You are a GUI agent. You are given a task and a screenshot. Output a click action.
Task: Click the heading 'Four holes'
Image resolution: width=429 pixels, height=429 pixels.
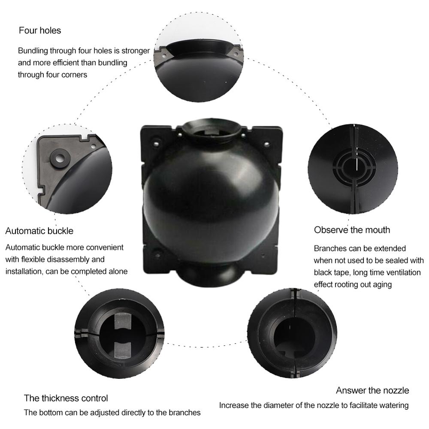coord(40,31)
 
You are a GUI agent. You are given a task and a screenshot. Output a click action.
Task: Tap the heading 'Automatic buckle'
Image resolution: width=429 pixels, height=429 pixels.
coord(39,231)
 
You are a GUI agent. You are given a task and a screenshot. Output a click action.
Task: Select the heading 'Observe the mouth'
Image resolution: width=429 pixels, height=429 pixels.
coord(352,230)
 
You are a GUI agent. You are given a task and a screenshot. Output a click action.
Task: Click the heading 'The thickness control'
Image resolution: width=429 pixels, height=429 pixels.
coord(66,398)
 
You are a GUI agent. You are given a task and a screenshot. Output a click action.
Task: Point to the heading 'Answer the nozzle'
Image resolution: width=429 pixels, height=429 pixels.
coord(372,390)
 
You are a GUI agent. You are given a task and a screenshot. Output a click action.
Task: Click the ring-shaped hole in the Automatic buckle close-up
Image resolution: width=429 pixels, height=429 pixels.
coord(59,157)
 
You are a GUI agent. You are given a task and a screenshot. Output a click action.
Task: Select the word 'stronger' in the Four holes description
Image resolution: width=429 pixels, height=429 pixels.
coord(136,51)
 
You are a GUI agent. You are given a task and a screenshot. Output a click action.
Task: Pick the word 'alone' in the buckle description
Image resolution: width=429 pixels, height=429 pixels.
coord(117,272)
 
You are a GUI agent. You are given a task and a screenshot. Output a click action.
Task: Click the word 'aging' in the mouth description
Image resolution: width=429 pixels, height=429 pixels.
coord(381,284)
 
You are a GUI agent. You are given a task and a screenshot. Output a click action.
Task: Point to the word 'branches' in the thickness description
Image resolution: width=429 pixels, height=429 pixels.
coord(185,413)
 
